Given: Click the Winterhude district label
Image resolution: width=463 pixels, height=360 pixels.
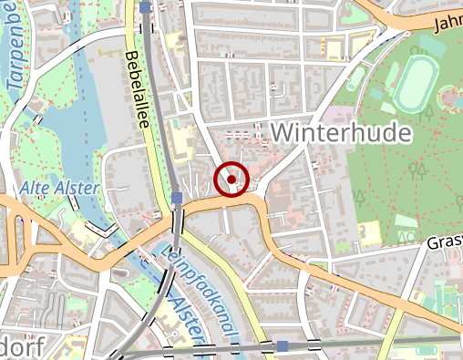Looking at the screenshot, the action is [x=341, y=133].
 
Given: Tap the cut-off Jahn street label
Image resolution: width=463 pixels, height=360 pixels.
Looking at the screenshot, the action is [x=448, y=22].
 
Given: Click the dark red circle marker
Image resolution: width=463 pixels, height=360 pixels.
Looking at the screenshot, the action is [x=231, y=179].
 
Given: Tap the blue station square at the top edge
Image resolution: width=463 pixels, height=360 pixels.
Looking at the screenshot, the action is [x=147, y=7].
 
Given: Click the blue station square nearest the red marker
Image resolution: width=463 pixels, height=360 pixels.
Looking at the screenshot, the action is [x=176, y=198].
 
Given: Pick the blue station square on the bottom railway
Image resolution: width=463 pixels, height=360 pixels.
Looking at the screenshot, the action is [x=283, y=346].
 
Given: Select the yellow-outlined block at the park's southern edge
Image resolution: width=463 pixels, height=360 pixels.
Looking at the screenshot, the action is [x=366, y=233].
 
